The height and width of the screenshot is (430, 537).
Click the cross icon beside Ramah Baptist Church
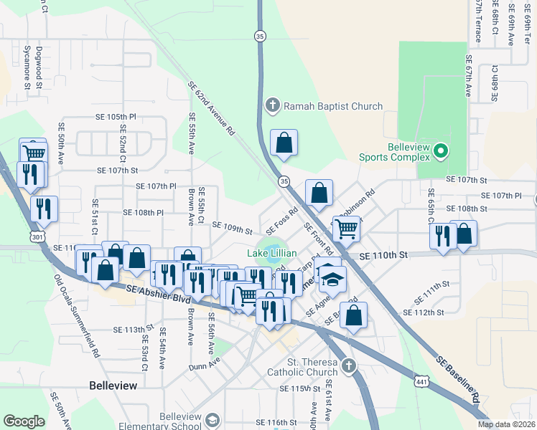272,106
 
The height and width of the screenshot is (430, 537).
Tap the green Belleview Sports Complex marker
442,151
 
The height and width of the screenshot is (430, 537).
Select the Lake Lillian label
272,254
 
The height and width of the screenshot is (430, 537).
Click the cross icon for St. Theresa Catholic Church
348,366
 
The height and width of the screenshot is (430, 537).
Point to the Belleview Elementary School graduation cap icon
213,419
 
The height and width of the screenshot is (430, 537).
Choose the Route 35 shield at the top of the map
259,35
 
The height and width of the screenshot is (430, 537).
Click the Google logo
24,421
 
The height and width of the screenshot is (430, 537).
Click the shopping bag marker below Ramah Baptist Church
284,143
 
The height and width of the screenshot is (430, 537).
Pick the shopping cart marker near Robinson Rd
346,229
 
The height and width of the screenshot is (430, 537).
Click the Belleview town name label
113,386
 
